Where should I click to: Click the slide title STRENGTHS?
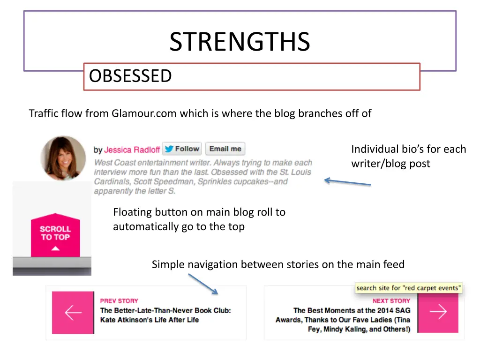pos(240,42)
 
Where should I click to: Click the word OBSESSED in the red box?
pos(131,75)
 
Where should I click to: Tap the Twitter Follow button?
pos(182,149)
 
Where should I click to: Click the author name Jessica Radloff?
pos(132,150)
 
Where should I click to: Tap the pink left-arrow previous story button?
pos(73,312)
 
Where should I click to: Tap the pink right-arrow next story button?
pos(438,312)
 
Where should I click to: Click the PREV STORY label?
pos(119,301)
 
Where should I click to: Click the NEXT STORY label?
pos(391,301)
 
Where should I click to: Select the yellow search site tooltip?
pos(408,288)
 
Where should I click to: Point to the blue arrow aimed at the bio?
pos(347,182)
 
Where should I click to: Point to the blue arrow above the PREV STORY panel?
pos(203,284)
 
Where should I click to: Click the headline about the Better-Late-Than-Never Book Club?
pos(165,315)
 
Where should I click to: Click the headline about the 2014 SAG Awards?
pos(352,320)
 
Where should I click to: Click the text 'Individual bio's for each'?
pos(408,150)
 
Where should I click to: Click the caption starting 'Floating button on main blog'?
pos(199,212)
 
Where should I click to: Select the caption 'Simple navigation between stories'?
pos(278,265)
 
